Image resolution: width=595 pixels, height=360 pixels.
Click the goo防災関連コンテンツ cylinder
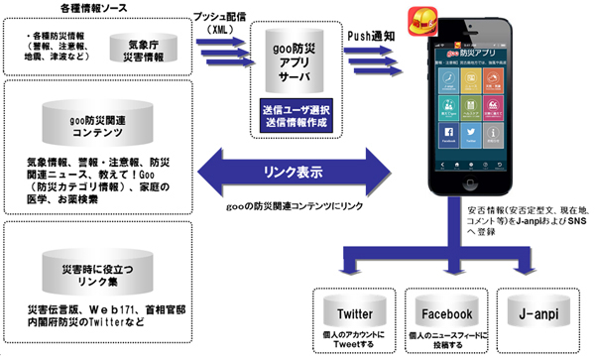[97, 123]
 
